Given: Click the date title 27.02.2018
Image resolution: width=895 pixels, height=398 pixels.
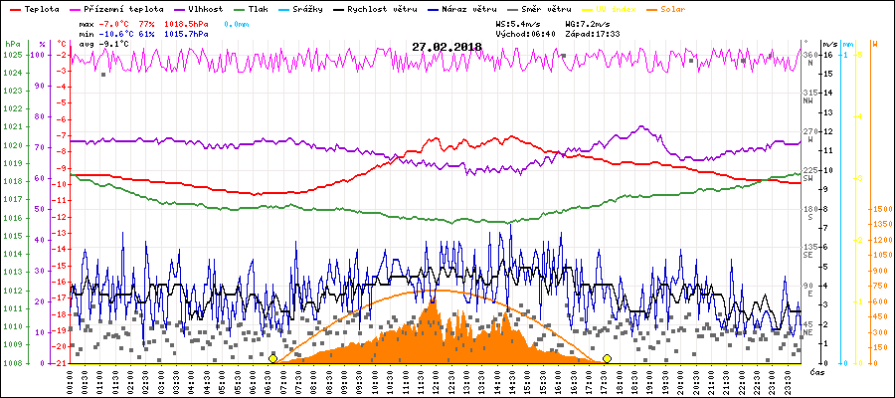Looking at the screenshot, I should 447,47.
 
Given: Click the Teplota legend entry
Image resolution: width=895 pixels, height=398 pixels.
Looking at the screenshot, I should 41,8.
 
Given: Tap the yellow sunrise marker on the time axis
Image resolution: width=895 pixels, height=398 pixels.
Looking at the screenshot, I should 272,358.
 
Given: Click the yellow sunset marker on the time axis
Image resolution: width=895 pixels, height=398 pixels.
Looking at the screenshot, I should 607,358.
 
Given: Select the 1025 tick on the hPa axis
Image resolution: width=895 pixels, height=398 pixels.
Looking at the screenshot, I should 12,55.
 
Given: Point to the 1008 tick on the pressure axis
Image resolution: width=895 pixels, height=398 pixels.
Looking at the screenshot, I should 12,363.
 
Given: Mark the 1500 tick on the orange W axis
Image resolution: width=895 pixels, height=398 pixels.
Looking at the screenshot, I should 881,209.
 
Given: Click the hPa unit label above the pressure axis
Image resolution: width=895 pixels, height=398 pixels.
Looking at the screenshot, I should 12,44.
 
